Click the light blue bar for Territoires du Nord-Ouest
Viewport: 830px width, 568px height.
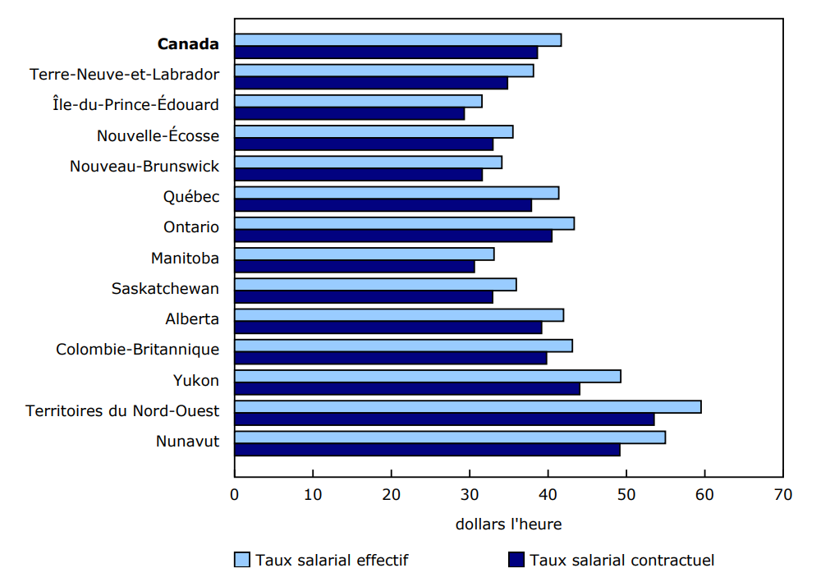(468, 407)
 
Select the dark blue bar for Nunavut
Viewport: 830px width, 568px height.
(427, 450)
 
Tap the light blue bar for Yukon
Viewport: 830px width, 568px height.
(428, 376)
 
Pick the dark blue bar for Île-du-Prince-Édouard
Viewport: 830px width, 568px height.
(350, 114)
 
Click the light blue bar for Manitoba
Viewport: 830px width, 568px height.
(365, 254)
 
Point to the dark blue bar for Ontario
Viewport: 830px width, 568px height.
(393, 236)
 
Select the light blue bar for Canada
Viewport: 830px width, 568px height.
(398, 40)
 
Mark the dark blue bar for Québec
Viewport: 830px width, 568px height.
(383, 205)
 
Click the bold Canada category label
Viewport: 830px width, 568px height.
(188, 44)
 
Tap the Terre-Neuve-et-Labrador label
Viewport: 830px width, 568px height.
(125, 75)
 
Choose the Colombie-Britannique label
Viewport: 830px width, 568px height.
(137, 350)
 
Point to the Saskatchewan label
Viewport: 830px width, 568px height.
(165, 289)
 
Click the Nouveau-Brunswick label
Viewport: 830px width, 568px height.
(144, 167)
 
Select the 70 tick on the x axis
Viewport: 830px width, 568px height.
(782, 494)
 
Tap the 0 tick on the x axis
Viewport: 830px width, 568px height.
(235, 494)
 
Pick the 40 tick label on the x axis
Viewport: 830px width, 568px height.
(548, 494)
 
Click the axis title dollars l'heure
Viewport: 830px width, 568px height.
(508, 524)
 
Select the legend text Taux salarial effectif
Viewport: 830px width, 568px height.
(332, 561)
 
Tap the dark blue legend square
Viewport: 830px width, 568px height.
(516, 560)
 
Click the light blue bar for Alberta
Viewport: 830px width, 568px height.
(399, 315)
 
